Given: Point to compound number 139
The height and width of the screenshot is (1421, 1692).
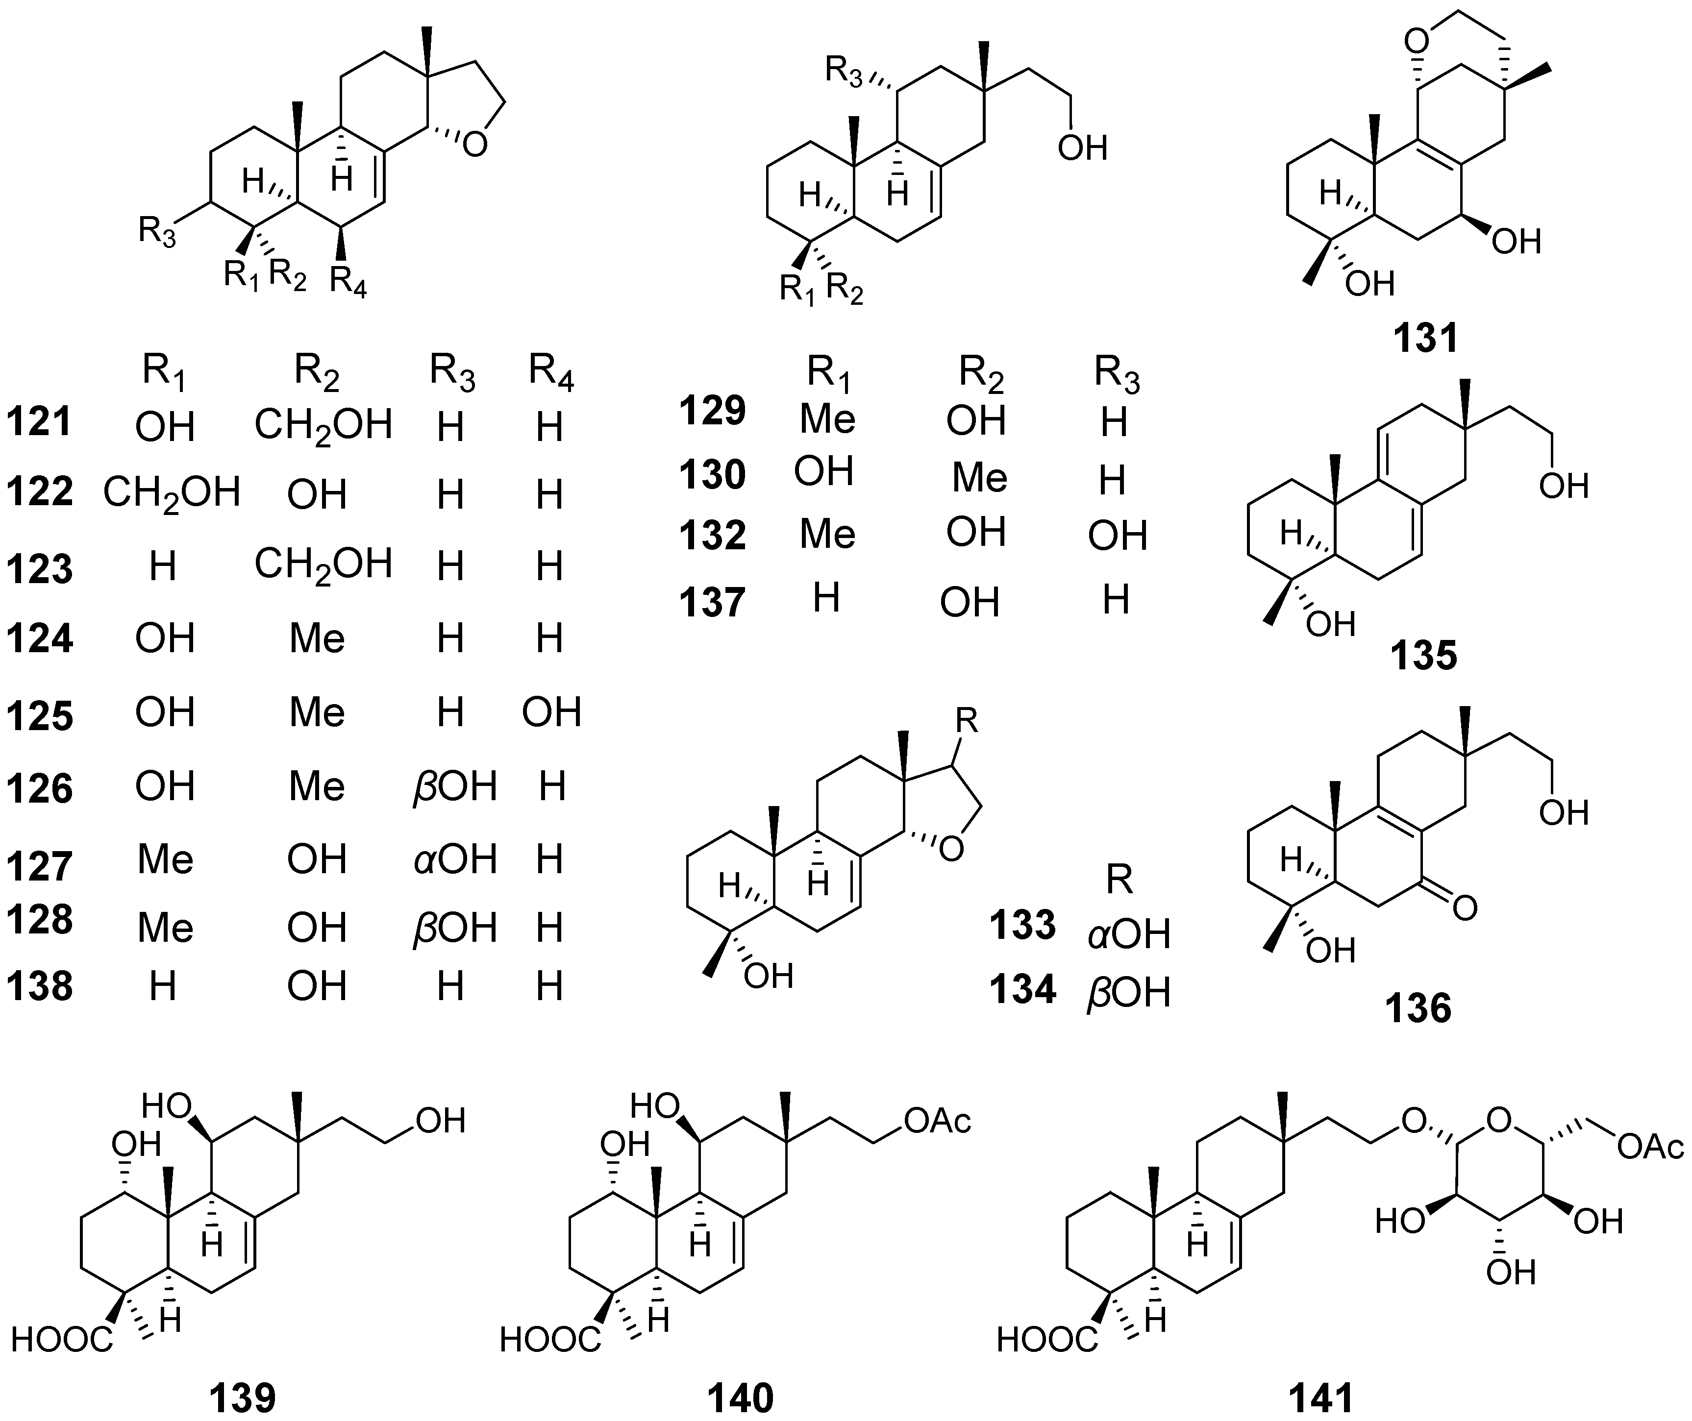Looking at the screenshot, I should (x=243, y=1397).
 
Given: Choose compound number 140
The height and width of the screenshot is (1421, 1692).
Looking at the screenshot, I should (x=741, y=1397).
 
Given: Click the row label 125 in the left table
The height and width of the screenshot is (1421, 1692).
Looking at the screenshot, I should (x=40, y=715).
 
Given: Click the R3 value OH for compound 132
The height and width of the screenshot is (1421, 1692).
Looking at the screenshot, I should (x=1117, y=536).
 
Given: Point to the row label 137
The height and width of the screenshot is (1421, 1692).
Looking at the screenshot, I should (x=712, y=603).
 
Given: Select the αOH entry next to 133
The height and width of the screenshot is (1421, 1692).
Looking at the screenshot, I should (x=1128, y=934).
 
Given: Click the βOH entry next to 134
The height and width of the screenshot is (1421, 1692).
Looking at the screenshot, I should (x=1128, y=993).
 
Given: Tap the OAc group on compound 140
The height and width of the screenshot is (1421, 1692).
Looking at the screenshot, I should (x=937, y=1121).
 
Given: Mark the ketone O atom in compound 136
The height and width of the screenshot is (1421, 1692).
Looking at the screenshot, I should (x=1465, y=908).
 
